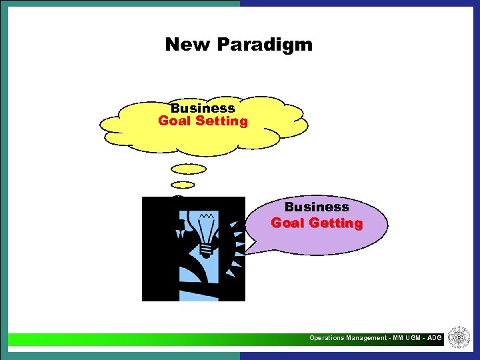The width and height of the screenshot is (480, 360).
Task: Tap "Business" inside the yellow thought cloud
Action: [203, 108]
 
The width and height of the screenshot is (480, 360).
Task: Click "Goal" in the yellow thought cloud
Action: [173, 121]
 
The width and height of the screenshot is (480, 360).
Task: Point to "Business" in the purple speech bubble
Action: [317, 207]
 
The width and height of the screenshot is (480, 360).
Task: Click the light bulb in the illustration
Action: [205, 229]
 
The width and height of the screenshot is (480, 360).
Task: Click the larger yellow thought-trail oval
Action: [189, 169]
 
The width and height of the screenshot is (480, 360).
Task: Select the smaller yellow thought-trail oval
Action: [183, 185]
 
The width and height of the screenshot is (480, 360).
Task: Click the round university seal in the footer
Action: [458, 337]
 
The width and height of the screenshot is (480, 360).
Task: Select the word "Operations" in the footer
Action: [327, 339]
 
